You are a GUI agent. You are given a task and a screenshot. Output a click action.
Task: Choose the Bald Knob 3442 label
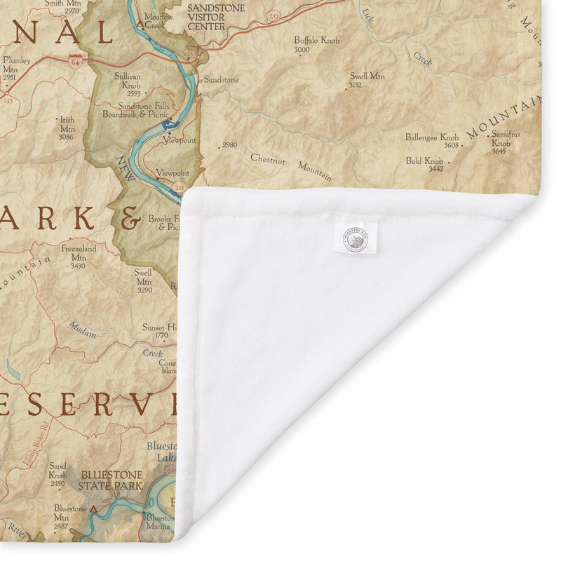pos(424,164)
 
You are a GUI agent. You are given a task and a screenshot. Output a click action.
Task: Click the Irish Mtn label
pos(67,128)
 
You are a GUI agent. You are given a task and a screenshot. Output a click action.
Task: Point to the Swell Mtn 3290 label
pos(144,280)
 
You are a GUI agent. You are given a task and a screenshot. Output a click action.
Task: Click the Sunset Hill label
pos(158,331)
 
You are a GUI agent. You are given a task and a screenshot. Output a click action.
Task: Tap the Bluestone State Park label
pos(111,480)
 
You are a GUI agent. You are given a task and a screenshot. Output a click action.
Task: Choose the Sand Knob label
pos(58,474)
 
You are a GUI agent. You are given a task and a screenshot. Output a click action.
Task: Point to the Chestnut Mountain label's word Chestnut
pos(268,159)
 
